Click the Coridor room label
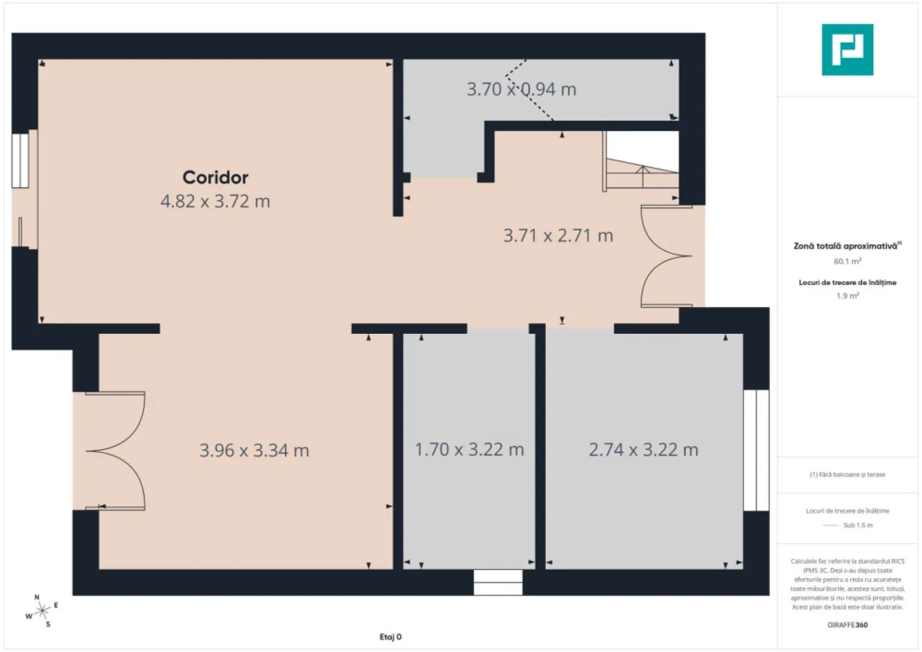215,177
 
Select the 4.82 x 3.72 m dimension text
215,201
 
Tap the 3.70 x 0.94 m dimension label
521,89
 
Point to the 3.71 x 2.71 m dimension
558,235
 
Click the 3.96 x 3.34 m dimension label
254,451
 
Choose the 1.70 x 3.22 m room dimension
469,450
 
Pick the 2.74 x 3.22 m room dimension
644,450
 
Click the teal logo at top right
847,50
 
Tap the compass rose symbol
42,611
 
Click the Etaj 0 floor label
391,637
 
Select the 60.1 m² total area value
847,261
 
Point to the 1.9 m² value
847,296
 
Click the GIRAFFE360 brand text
847,625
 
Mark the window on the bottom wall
498,582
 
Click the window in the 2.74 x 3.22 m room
756,451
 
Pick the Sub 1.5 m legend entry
848,525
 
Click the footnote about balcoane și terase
847,475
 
